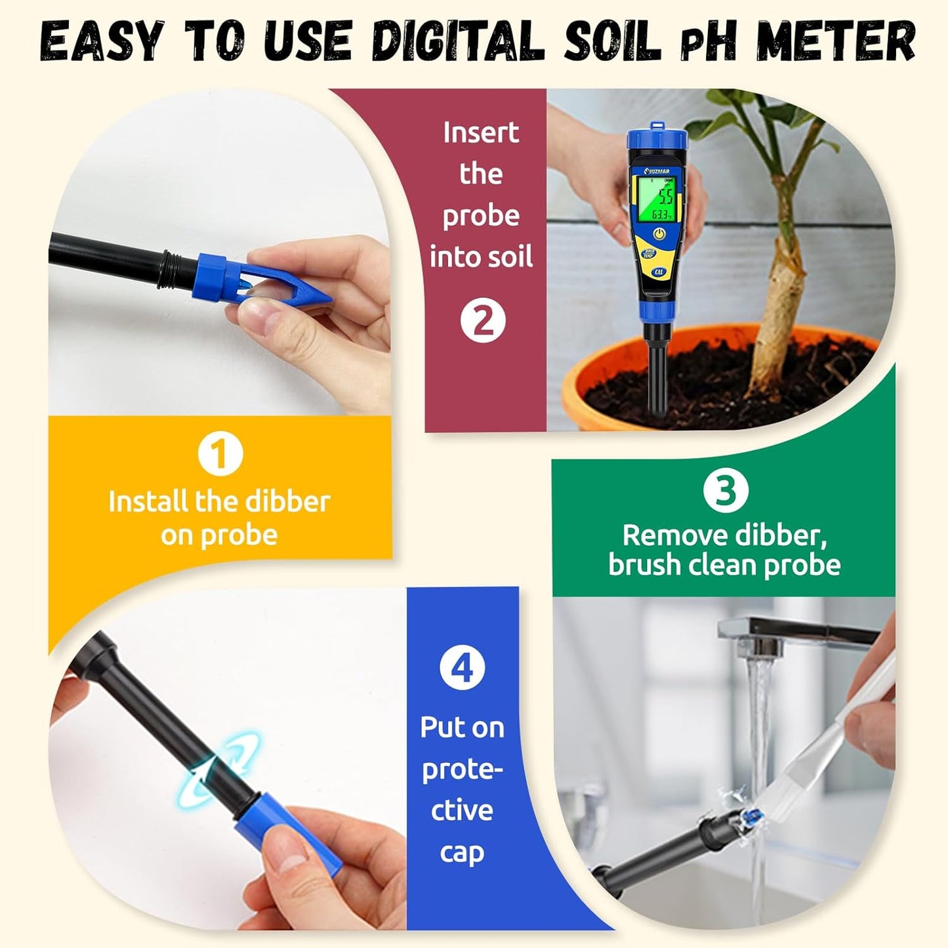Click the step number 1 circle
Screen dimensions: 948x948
tap(220, 453)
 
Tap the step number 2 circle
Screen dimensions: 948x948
tap(483, 320)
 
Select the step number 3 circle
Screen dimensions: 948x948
tap(725, 490)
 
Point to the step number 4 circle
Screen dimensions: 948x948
tap(463, 668)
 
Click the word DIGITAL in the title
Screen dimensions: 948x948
tap(458, 42)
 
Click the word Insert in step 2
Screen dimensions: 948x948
tap(481, 133)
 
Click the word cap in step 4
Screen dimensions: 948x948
tap(462, 852)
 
